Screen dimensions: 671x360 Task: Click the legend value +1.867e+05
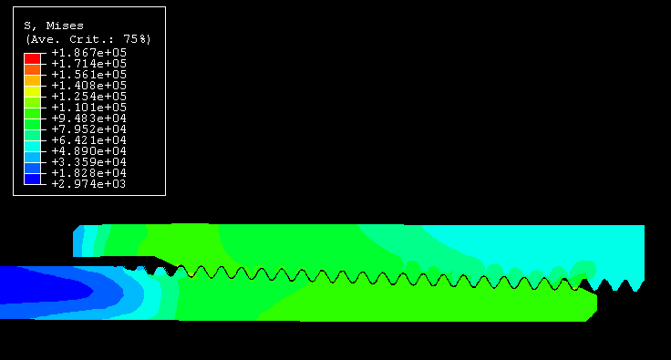click(x=89, y=53)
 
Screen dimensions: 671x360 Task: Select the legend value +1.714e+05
click(x=89, y=64)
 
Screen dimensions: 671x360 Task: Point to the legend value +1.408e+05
click(x=89, y=86)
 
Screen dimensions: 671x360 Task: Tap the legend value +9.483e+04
click(x=89, y=118)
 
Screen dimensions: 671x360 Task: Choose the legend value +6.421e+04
click(x=89, y=140)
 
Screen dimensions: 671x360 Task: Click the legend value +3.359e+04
click(x=89, y=162)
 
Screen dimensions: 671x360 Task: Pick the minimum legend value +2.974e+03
click(x=89, y=184)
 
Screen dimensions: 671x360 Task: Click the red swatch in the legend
click(x=33, y=58)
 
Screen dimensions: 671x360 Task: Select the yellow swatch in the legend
click(x=33, y=91)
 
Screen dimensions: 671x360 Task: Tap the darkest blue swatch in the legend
click(x=33, y=180)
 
